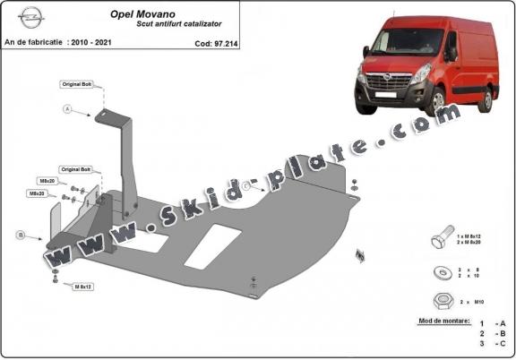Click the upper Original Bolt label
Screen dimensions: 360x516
(76, 83)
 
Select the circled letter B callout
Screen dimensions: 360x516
(20, 236)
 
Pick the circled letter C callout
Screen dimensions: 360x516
(245, 184)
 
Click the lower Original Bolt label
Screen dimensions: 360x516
(75, 168)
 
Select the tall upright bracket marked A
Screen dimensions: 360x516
(125, 161)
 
